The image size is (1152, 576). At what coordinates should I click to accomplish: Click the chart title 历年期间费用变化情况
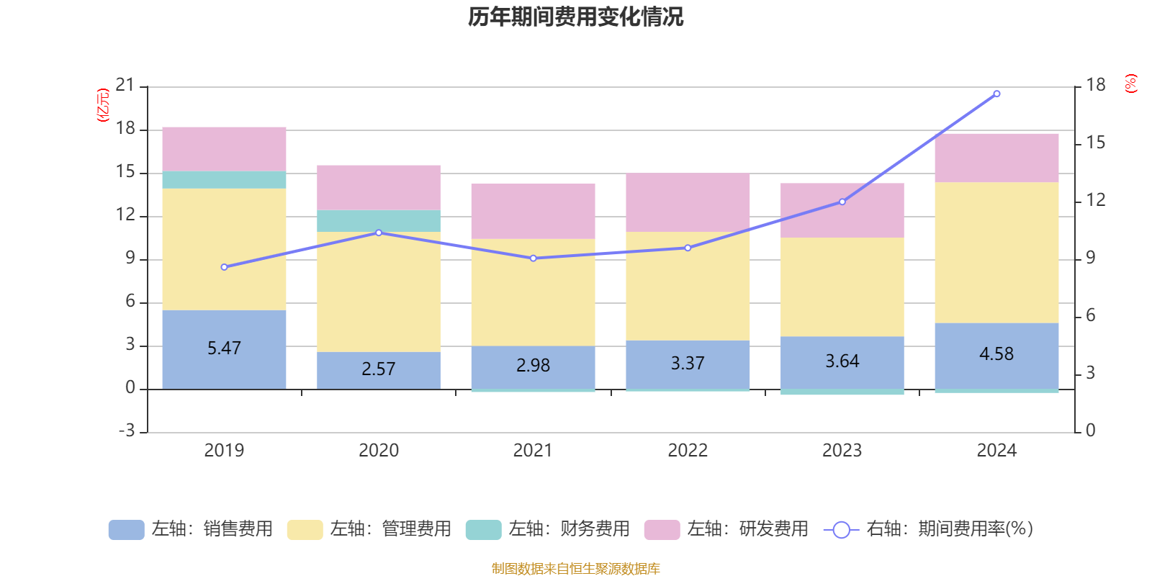tap(575, 17)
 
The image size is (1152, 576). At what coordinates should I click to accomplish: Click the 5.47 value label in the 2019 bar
tap(224, 348)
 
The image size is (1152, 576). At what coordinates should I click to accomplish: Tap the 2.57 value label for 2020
tap(379, 369)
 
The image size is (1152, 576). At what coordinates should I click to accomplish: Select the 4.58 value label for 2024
tap(996, 354)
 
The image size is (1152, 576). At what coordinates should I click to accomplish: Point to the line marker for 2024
tap(996, 94)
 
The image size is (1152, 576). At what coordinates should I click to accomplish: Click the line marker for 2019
tap(224, 267)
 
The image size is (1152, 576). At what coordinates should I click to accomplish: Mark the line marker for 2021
tap(534, 258)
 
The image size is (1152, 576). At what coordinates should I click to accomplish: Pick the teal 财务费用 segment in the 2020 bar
tap(379, 221)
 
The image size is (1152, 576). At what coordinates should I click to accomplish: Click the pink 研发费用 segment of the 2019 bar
tap(224, 149)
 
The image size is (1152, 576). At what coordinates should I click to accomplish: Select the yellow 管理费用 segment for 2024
tap(996, 252)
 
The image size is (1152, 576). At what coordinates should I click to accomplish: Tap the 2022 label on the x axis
tap(688, 451)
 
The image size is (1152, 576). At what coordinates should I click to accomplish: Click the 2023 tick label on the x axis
tap(842, 451)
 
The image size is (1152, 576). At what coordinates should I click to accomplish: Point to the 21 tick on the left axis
tap(125, 86)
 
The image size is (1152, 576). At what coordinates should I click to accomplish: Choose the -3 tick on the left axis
tap(127, 431)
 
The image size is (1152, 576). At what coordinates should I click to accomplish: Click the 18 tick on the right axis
tap(1096, 85)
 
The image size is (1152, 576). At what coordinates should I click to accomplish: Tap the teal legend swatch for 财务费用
tap(483, 530)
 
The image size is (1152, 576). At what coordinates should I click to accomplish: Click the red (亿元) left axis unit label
tap(103, 105)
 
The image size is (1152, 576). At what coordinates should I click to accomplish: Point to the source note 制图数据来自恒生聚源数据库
tap(575, 569)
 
